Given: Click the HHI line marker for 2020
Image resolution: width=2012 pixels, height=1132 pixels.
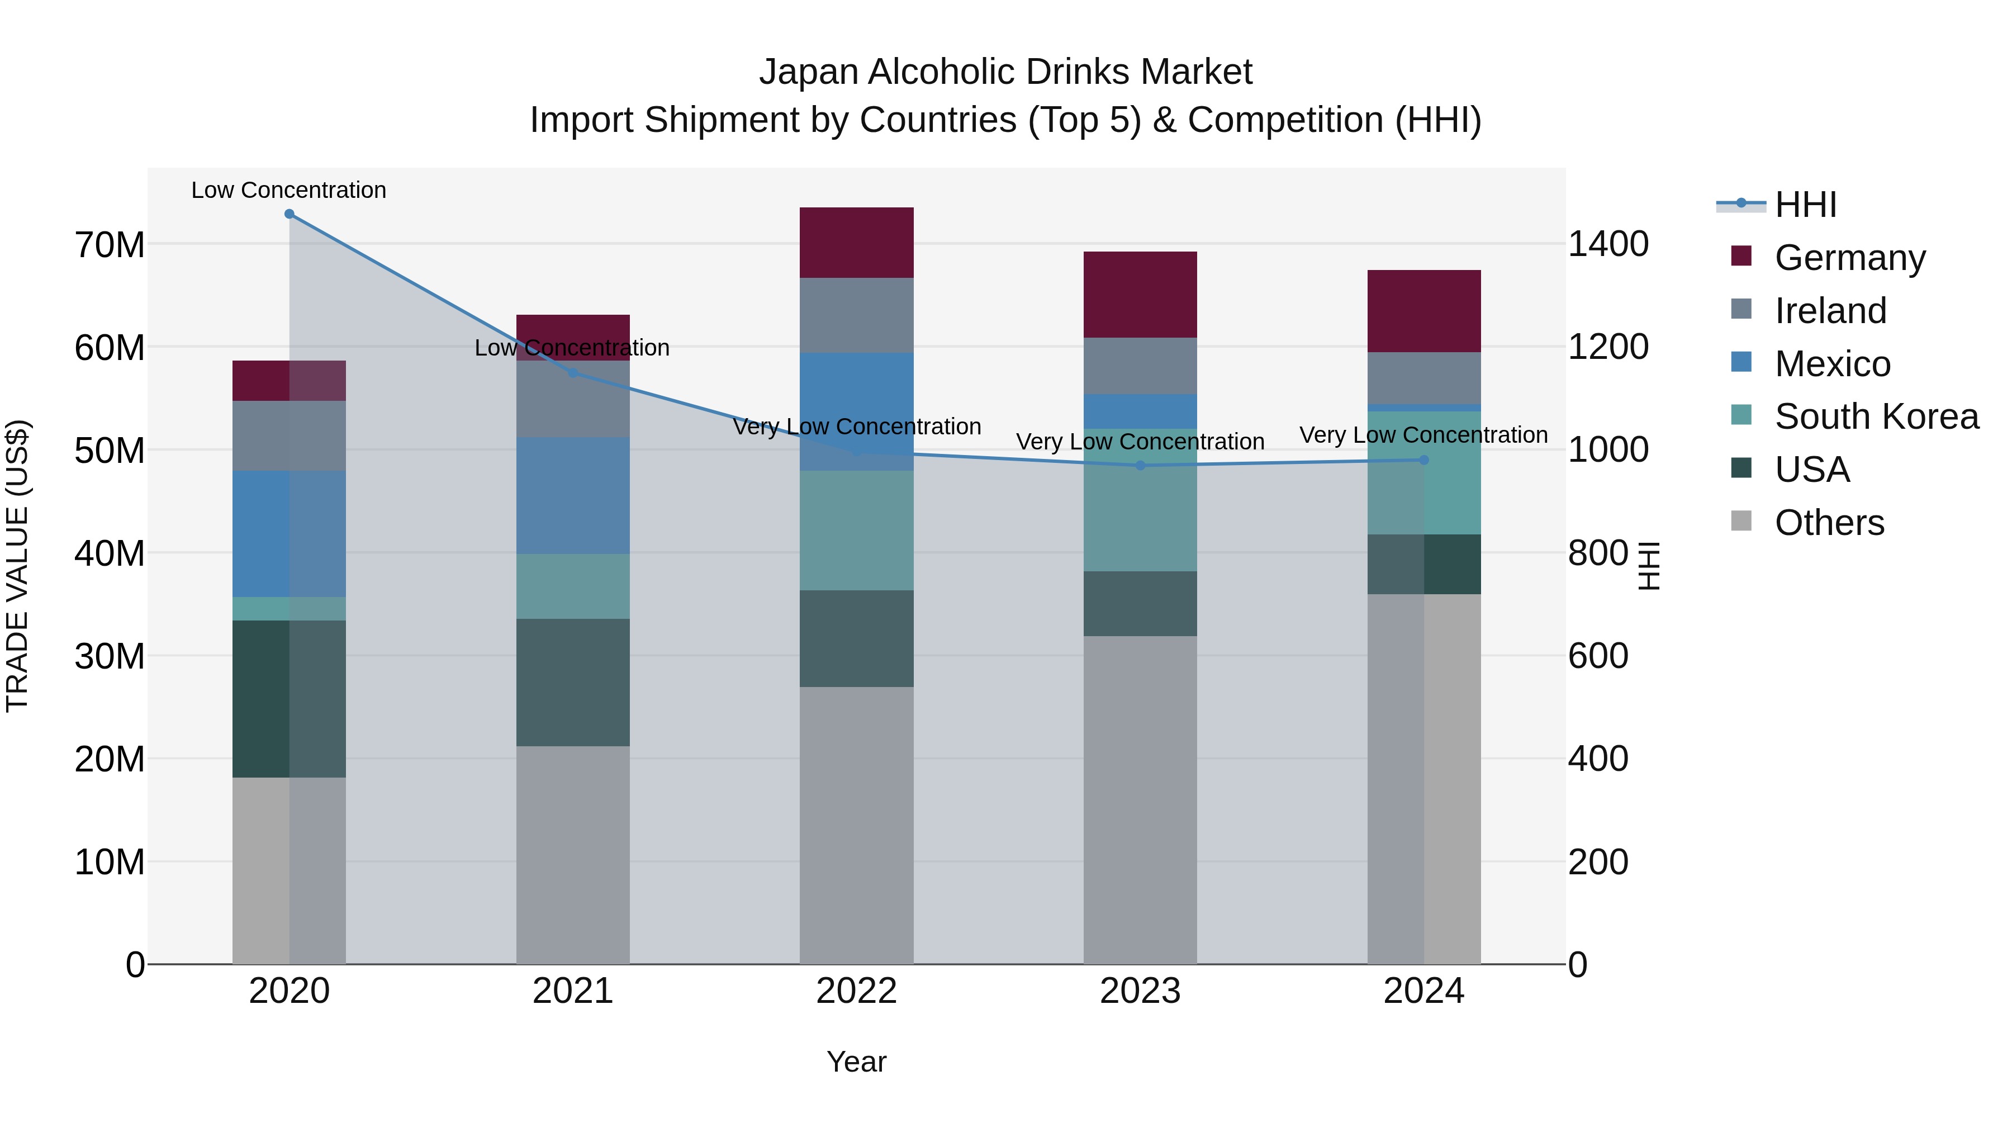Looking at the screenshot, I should [289, 214].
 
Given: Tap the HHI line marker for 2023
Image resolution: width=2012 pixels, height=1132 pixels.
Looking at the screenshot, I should [1140, 466].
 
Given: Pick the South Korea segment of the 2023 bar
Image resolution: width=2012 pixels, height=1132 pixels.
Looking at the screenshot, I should [1140, 500].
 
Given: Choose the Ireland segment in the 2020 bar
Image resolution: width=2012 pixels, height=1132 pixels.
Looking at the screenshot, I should [289, 436].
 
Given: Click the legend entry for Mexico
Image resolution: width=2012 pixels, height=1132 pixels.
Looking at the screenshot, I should [1831, 364].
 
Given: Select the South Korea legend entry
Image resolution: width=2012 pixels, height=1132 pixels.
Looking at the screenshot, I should [1876, 416].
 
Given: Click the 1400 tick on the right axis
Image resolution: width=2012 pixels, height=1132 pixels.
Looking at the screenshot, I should [1608, 244].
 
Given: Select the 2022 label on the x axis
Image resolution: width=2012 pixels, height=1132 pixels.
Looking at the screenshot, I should [856, 991].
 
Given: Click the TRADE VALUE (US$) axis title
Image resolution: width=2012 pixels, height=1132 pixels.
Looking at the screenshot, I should [17, 566].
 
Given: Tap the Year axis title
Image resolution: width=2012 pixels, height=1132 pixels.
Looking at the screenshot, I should [856, 1062].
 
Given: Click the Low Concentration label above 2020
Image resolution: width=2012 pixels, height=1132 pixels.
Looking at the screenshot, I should [289, 190].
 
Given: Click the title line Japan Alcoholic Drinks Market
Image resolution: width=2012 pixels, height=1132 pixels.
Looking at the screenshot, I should [1005, 72].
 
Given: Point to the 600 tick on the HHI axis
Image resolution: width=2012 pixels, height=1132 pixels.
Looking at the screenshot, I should [1598, 656].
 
